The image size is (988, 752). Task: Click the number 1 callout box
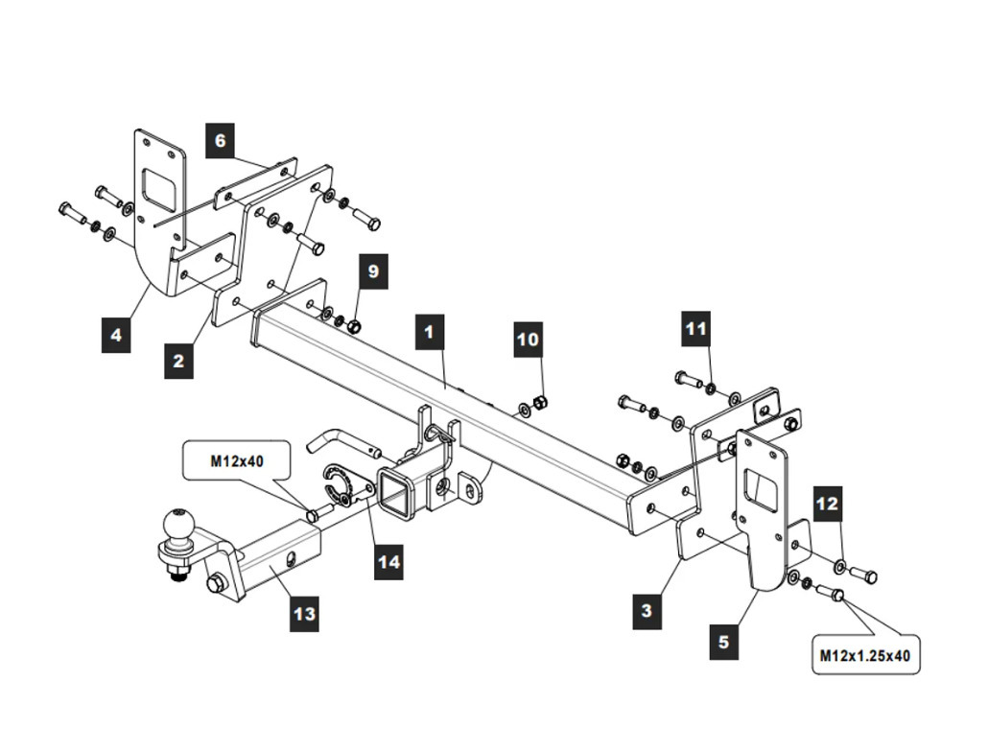pos(430,331)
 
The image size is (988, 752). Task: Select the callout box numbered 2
pos(179,361)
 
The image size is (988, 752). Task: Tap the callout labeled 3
pos(647,610)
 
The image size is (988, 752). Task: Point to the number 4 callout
pos(116,335)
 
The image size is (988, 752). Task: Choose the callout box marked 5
pos(724,642)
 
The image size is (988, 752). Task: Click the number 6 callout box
pos(220,140)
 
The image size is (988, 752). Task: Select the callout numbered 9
pos(374,270)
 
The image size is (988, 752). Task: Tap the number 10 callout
pos(529,340)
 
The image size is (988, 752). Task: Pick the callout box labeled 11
pos(696,328)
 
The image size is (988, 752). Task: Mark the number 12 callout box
pos(828,504)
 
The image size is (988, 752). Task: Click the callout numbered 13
pos(305,614)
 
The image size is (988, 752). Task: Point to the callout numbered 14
pos(388,561)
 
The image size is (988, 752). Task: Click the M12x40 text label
pos(238,461)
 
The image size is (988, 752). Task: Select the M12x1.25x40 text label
pos(865,656)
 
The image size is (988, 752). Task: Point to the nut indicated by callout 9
pos(354,325)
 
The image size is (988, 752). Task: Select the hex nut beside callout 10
pos(539,403)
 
